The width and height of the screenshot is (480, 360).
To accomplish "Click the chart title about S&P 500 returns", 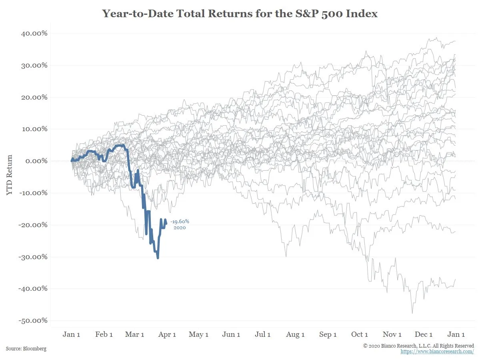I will pyautogui.click(x=240, y=14).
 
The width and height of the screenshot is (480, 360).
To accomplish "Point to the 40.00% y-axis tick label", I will pyautogui.click(x=34, y=33).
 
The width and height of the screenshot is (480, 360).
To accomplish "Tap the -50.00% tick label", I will pyautogui.click(x=33, y=320).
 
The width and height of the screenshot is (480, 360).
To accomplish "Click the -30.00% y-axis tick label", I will pyautogui.click(x=33, y=256).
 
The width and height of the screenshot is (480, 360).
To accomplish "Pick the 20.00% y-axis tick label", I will pyautogui.click(x=34, y=97).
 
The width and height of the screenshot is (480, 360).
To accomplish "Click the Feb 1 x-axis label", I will pyautogui.click(x=104, y=334).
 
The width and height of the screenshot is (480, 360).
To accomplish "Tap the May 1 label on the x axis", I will pyautogui.click(x=199, y=334).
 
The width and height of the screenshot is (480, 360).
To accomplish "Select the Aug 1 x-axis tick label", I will pyautogui.click(x=295, y=334).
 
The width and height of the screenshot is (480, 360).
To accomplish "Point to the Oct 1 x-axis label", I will pyautogui.click(x=359, y=334).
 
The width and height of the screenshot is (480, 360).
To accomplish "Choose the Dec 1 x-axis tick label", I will pyautogui.click(x=424, y=334).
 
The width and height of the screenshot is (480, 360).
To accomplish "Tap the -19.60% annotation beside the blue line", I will pyautogui.click(x=180, y=222).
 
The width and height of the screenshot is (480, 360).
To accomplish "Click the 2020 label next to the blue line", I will pyautogui.click(x=180, y=228).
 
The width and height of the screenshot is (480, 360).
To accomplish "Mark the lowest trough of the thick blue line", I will pyautogui.click(x=158, y=258).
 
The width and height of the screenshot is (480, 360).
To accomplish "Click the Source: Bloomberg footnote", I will pyautogui.click(x=26, y=349).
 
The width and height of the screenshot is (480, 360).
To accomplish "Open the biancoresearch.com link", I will pyautogui.click(x=437, y=352).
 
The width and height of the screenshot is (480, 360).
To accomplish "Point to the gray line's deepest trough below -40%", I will pyautogui.click(x=412, y=313).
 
